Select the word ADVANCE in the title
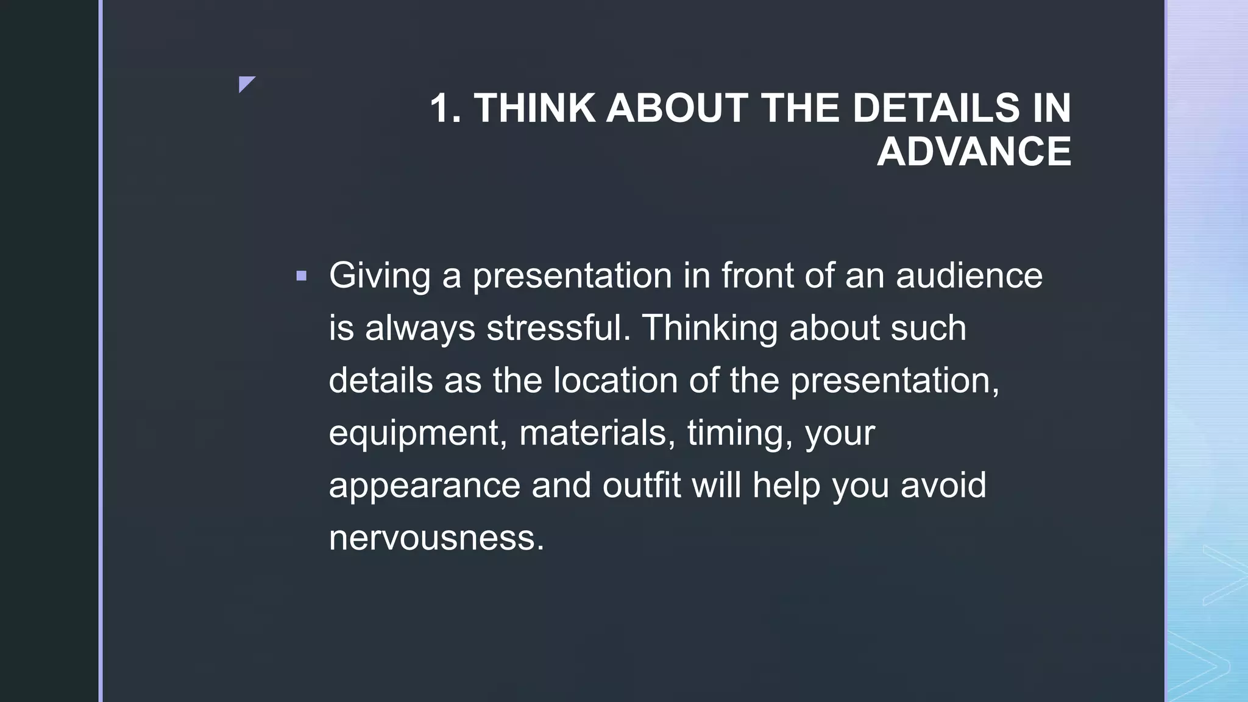click(974, 152)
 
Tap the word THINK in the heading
click(534, 108)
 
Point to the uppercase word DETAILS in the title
click(935, 108)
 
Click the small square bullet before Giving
click(301, 276)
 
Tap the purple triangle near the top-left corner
click(246, 83)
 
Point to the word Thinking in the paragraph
click(710, 328)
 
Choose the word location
click(615, 380)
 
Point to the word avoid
click(943, 486)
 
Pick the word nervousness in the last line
click(436, 538)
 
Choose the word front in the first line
click(757, 275)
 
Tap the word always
click(420, 328)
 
